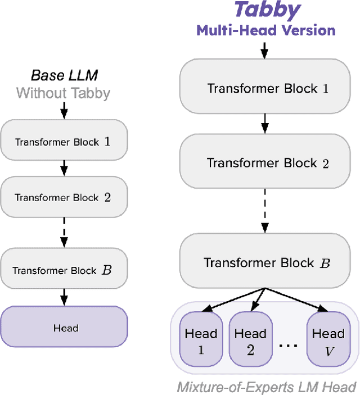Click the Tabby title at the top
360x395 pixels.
tap(267, 10)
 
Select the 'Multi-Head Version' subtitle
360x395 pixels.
tap(266, 30)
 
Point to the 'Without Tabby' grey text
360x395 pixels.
tap(63, 93)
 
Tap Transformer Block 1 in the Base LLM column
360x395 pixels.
tap(64, 142)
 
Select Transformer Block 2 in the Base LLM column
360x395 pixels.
tap(64, 197)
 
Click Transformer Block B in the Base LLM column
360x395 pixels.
tap(64, 270)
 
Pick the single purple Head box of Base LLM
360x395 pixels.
tap(64, 328)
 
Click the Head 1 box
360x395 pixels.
tap(201, 340)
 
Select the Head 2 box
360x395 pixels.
tap(250, 340)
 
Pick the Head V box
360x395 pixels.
tap(328, 340)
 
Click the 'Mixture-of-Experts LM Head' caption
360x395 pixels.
tap(266, 387)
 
